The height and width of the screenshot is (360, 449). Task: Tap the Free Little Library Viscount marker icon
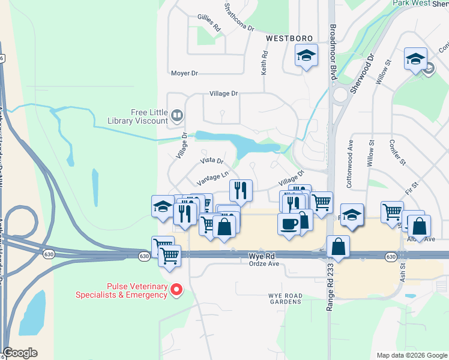click(177, 115)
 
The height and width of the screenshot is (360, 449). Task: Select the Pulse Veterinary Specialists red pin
click(176, 290)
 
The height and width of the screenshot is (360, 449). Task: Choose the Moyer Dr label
click(184, 73)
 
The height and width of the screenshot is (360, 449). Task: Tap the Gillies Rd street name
click(208, 23)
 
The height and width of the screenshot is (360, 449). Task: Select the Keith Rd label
click(264, 62)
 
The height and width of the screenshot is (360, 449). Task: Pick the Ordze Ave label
click(265, 263)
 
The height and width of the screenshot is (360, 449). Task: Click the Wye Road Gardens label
click(285, 298)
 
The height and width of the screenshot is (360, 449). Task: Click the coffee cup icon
click(289, 224)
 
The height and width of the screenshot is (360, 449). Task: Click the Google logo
click(20, 353)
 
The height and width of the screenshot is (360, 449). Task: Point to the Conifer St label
click(398, 153)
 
